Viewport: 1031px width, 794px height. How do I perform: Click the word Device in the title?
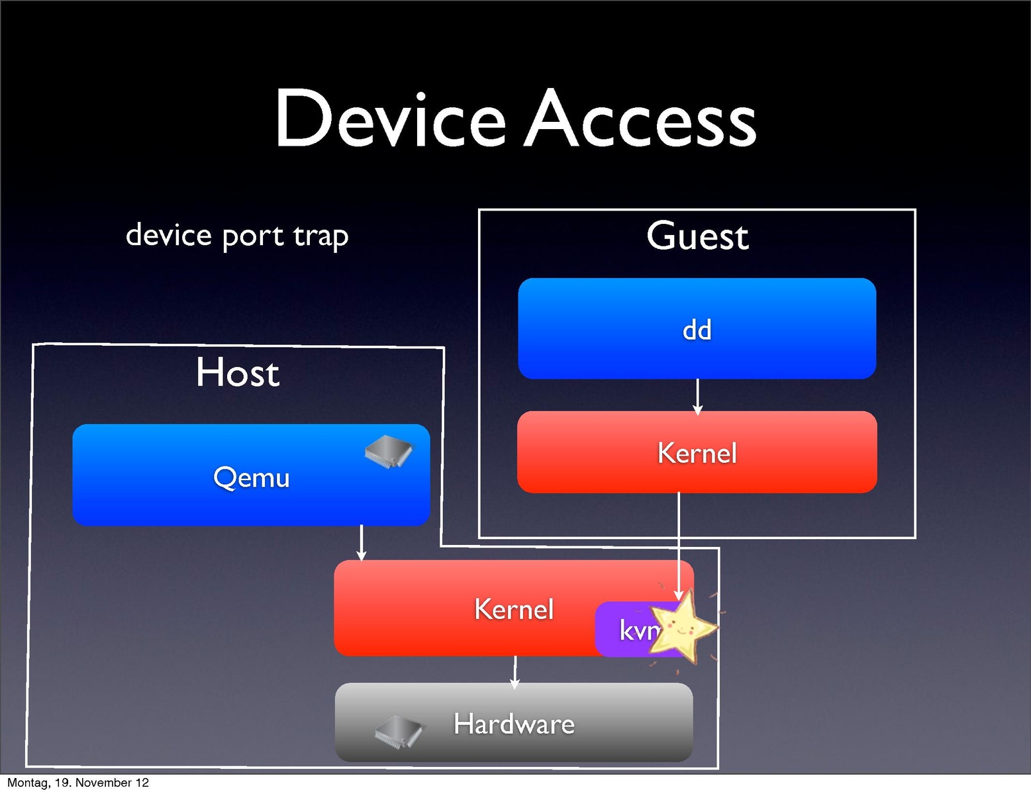(390, 119)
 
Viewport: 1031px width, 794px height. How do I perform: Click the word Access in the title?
(640, 119)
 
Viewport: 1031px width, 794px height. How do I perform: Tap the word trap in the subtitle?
(320, 236)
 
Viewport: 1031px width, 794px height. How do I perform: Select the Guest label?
(697, 236)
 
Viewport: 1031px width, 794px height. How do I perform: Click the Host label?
(238, 372)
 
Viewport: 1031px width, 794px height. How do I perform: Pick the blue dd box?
(697, 329)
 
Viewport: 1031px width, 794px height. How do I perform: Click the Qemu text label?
(252, 477)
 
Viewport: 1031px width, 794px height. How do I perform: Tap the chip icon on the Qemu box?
(389, 452)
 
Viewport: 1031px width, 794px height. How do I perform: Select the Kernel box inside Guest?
(697, 453)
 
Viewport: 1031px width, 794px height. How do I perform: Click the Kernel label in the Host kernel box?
(514, 609)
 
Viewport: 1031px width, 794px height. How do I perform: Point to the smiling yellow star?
(686, 626)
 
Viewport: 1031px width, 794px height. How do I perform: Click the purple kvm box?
(626, 630)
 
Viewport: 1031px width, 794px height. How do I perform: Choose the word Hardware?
(514, 724)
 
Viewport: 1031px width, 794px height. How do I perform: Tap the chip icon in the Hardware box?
(399, 730)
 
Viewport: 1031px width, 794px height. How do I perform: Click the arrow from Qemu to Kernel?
(361, 542)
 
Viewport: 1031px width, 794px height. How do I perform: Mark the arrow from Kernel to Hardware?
(515, 671)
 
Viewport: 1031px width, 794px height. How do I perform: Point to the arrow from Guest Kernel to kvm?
(679, 543)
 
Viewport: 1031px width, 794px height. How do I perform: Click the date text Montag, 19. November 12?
(78, 783)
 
